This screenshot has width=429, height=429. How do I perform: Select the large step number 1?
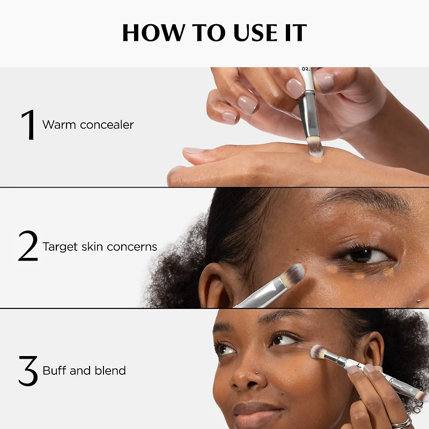coord(28,124)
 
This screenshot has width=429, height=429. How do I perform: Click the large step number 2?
coord(28,246)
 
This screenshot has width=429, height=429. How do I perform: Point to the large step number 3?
coord(28,371)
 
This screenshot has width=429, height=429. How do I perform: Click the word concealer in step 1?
coord(107,125)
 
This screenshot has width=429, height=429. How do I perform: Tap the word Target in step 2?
coord(60,247)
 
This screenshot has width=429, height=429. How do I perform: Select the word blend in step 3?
coord(110,371)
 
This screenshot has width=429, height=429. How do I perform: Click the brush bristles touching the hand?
coord(315,147)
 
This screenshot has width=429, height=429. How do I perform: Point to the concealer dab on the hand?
coord(317,160)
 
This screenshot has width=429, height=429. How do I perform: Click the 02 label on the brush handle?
coord(306,69)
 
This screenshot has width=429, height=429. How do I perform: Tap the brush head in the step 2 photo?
coord(293,276)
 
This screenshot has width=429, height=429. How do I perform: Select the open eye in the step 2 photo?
coord(364,256)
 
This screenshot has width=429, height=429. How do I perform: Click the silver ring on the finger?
coord(403,423)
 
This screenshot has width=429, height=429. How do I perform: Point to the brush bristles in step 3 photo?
coord(318,352)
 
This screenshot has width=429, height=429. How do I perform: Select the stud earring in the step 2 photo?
coord(418,301)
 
